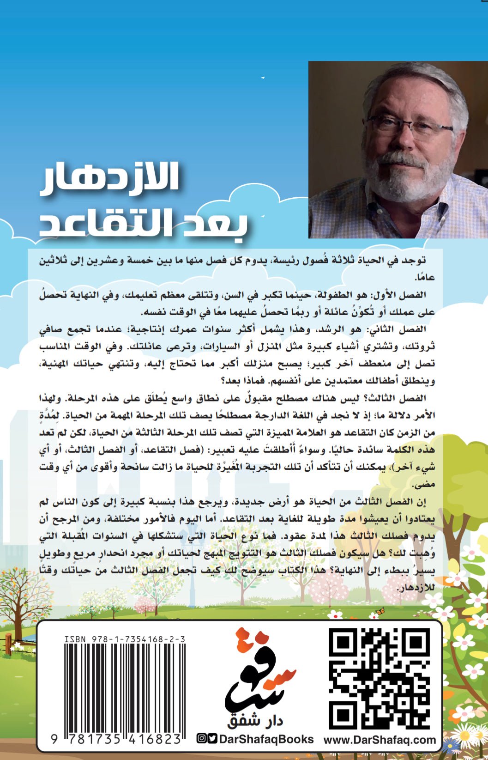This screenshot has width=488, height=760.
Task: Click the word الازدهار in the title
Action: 110,178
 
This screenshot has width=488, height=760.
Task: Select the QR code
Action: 379,678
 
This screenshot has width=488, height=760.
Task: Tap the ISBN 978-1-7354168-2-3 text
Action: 125,639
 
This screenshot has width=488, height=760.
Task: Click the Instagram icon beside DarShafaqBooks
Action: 201,738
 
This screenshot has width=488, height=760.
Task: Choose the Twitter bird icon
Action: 212,738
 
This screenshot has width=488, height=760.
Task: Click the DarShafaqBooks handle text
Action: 266,739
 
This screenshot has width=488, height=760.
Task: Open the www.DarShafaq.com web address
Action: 380,740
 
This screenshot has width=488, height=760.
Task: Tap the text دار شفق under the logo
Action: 255,721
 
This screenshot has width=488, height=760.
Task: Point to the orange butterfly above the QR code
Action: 380,611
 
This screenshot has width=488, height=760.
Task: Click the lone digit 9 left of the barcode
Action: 54,739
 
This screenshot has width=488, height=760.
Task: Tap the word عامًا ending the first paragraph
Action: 425,278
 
